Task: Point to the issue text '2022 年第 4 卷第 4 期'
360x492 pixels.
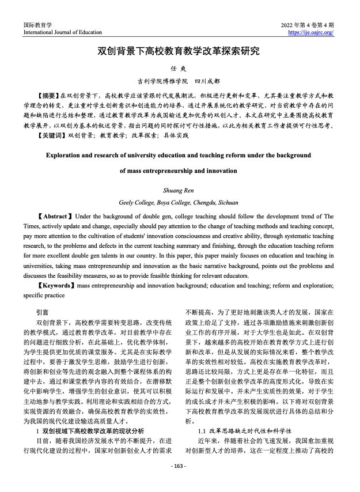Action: point(307,25)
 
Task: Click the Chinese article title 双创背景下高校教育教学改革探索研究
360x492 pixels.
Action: point(179,51)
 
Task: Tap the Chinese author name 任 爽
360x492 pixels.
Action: point(179,69)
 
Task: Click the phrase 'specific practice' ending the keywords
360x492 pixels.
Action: point(44,295)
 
